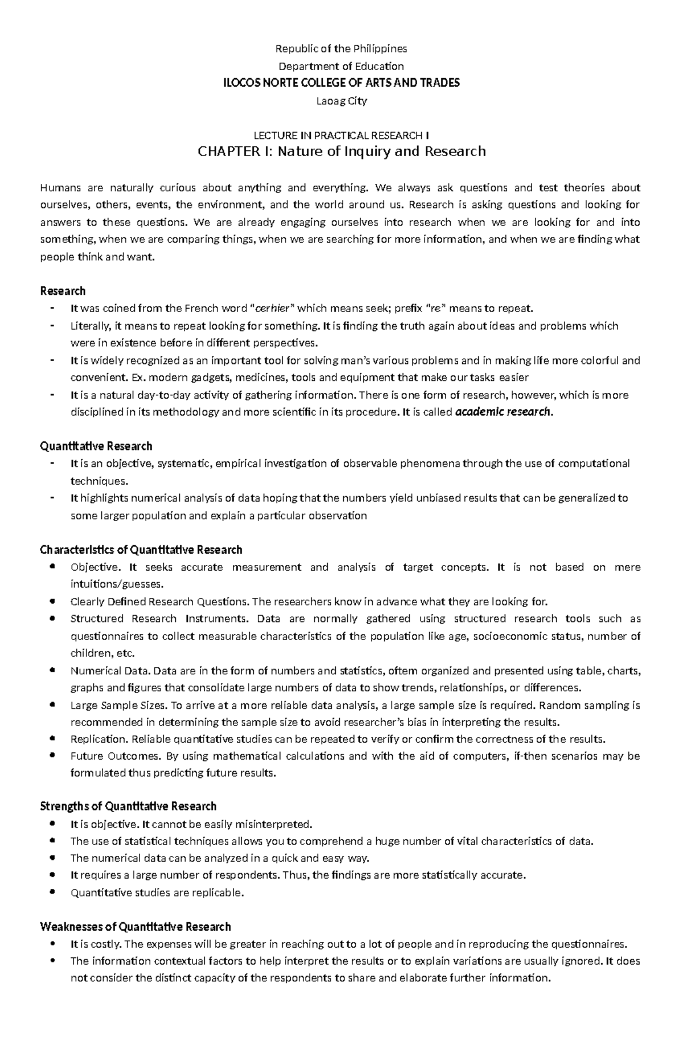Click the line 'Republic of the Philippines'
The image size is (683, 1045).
coord(341,48)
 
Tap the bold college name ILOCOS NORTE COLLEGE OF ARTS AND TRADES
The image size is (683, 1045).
coord(341,83)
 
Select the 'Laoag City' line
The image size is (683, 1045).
coord(341,101)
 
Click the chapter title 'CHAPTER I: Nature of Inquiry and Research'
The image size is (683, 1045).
coord(341,151)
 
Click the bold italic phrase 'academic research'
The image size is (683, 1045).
coord(503,412)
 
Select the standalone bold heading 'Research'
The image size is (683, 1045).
coord(63,291)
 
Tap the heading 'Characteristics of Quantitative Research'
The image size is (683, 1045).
coord(141,550)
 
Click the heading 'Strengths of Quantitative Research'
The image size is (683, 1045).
coord(128,806)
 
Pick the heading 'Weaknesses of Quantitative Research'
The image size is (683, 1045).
coord(135,927)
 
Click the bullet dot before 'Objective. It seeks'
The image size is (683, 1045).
coord(52,567)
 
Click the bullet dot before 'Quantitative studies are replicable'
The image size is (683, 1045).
coord(52,892)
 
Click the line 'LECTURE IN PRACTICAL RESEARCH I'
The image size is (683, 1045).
coord(341,135)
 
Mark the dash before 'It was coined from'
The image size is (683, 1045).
coord(52,309)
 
